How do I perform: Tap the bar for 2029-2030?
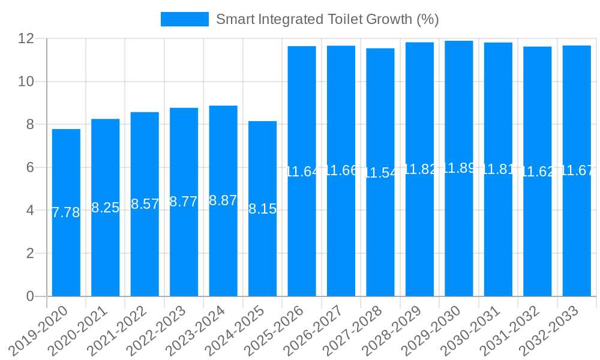pyautogui.click(x=459, y=240)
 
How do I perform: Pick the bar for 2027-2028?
pyautogui.click(x=380, y=240)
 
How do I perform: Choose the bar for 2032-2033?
pyautogui.click(x=577, y=240)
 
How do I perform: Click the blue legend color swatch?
pyautogui.click(x=185, y=19)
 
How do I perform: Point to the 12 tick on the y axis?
pyautogui.click(x=26, y=38)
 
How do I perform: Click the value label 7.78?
pyautogui.click(x=66, y=212)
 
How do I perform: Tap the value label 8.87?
pyautogui.click(x=223, y=201)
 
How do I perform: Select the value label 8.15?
pyautogui.click(x=262, y=209)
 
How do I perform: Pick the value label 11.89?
pyautogui.click(x=459, y=168)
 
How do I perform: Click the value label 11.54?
pyautogui.click(x=380, y=173)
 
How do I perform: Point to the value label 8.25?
pyautogui.click(x=106, y=208)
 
